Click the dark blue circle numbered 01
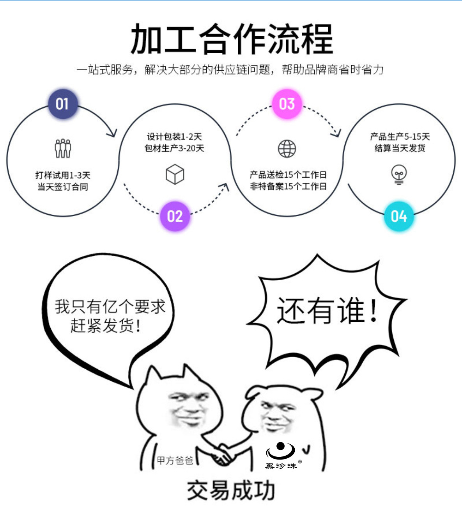(x=62, y=104)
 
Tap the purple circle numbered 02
(x=175, y=216)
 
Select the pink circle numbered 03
(x=287, y=104)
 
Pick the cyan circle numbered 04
(x=399, y=216)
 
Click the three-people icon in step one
(x=63, y=148)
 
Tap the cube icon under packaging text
(x=175, y=174)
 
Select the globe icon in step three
(x=287, y=149)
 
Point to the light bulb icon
(x=399, y=175)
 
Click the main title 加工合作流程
(x=232, y=39)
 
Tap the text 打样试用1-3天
(x=63, y=175)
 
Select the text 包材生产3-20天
(x=174, y=148)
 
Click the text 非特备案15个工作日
(x=288, y=187)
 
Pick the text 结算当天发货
(x=400, y=148)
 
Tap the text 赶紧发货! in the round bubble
(x=105, y=326)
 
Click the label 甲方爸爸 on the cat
(x=175, y=461)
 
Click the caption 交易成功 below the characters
(x=231, y=491)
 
